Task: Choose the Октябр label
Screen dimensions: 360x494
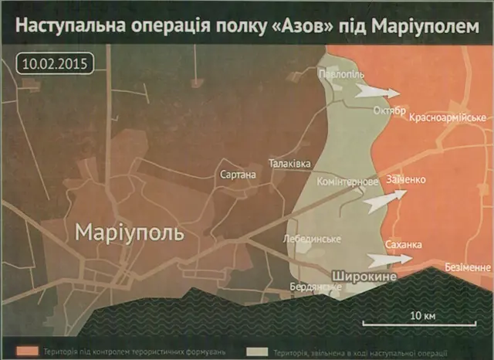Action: (389, 110)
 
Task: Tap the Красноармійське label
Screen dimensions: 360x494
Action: (448, 117)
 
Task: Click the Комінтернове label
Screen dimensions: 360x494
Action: (347, 182)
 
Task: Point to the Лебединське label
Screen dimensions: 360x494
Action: (312, 239)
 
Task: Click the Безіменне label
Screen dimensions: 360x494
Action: (468, 267)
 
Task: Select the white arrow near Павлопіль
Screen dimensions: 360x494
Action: (378, 92)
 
